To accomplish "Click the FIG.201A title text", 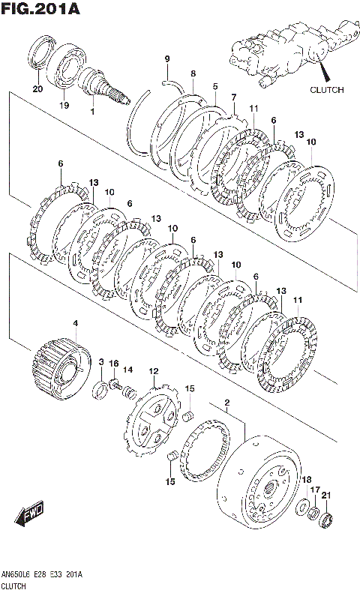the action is point(40,9).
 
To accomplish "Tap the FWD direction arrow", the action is point(29,514).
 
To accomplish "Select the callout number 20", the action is point(37,89).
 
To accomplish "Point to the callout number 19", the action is point(64,105).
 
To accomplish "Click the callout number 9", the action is point(167,58).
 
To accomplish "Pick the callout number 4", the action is point(76,323).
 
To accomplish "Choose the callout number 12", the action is point(154,371).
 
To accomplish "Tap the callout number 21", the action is point(326,496).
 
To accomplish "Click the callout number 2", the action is point(227,401).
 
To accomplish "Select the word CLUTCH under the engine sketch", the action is point(327,90).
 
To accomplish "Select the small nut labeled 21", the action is point(325,520).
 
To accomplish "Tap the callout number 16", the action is point(114,364).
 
